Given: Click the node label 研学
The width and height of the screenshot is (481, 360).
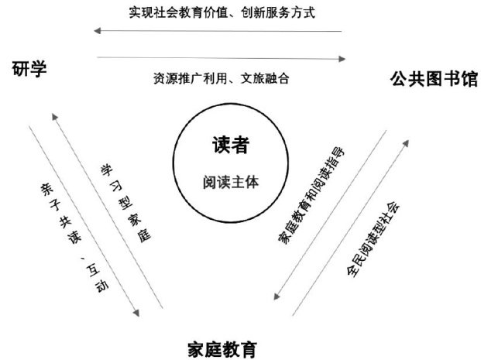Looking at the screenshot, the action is [30, 70].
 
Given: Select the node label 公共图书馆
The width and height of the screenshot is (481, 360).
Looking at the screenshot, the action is [434, 79].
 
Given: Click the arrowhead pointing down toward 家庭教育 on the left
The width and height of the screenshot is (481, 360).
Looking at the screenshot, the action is [137, 314].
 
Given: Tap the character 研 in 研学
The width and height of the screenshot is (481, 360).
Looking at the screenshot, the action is [21, 70].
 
